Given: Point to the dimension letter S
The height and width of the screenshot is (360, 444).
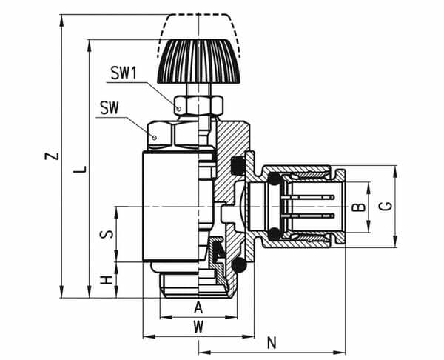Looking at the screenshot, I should (107, 233).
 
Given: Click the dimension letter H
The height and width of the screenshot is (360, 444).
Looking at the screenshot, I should (107, 280).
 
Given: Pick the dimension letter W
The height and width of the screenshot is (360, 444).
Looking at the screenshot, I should (198, 326).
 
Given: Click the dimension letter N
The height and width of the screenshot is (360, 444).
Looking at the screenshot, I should (272, 342).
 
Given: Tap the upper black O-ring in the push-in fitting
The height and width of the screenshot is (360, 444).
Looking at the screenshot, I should (273, 179).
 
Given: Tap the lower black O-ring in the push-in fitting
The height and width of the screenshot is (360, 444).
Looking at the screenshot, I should (273, 234).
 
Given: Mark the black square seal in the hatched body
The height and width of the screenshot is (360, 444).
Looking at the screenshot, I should (238, 164).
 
